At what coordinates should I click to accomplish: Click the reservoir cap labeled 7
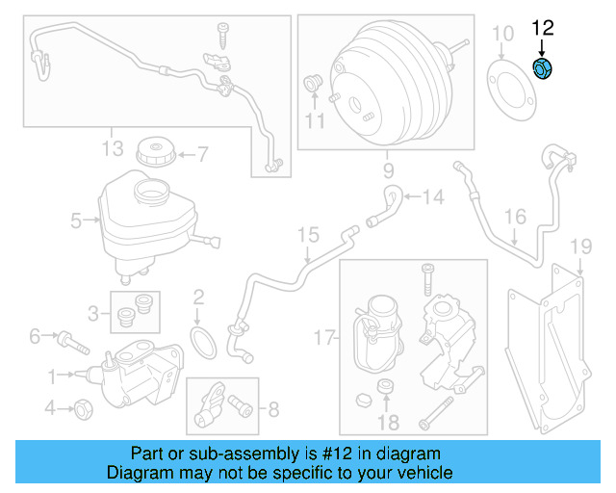tap(154, 152)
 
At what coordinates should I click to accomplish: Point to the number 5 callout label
tap(76, 221)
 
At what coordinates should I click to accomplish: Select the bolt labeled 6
tap(67, 338)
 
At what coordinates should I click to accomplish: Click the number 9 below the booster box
tap(389, 172)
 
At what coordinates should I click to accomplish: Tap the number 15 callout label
tap(307, 234)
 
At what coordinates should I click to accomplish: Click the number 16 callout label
tap(516, 217)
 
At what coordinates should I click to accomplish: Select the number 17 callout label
tap(325, 337)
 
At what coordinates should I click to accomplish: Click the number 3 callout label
tap(93, 312)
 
